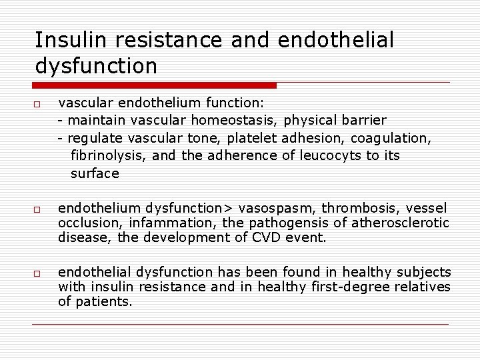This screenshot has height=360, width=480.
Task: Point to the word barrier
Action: pos(363,121)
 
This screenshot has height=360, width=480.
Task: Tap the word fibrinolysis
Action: pos(109,156)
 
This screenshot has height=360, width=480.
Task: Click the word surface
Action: pos(95,173)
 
